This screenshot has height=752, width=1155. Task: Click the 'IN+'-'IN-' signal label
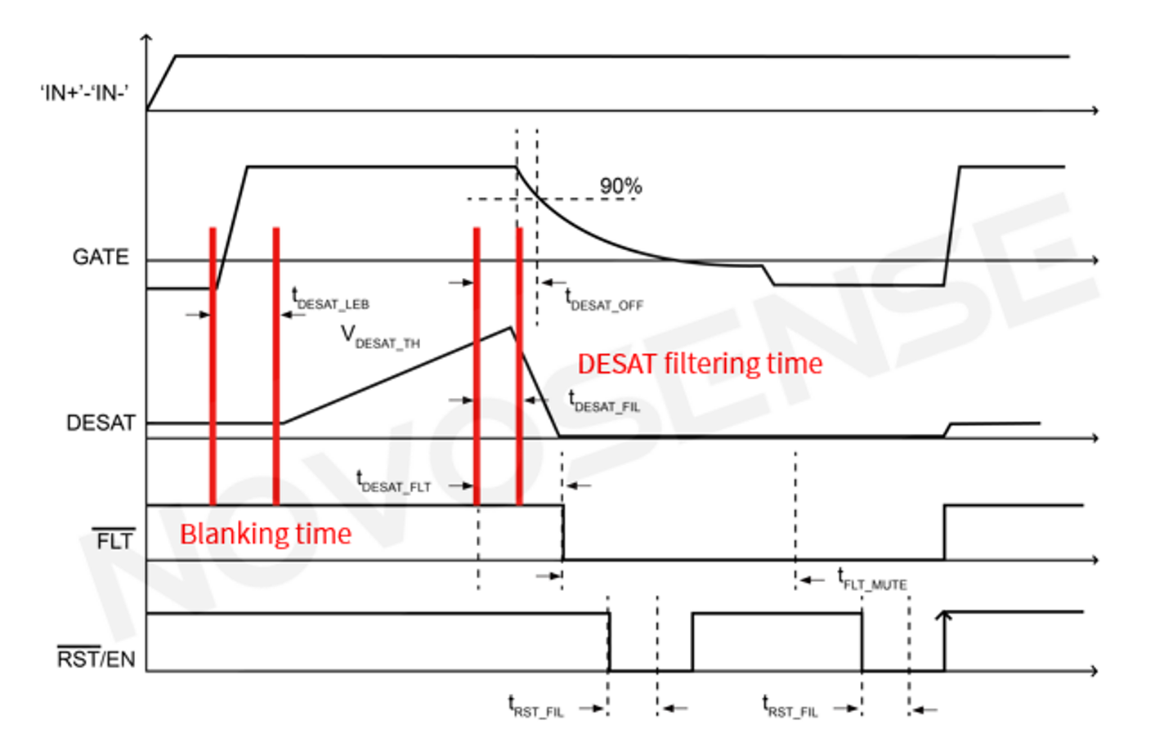pos(84,92)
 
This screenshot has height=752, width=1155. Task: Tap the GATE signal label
pos(101,257)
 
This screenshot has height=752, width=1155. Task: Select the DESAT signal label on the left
pos(101,423)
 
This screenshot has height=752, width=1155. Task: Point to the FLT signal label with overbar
pos(114,540)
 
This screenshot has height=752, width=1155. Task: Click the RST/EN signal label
pos(96,658)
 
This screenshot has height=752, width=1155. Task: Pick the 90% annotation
pos(620,186)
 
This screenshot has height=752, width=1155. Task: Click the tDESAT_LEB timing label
pos(330,300)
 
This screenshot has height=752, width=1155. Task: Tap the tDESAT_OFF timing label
pos(604,301)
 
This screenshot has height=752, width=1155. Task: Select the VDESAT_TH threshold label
pos(380,338)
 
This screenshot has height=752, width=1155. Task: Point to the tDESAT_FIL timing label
pos(604,402)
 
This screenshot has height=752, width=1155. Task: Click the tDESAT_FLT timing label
pos(393,482)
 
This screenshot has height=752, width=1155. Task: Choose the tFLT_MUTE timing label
pos(872,580)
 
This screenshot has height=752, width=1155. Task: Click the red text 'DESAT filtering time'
pos(700,364)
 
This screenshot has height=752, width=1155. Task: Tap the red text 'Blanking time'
pos(266,534)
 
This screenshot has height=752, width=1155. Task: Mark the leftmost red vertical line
pos(213,365)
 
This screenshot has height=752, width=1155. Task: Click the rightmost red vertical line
pos(519,365)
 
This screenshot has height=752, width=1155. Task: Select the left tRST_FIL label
pos(536,707)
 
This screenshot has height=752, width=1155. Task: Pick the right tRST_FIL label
pos(790,707)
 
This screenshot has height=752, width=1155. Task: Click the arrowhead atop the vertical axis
pos(146,37)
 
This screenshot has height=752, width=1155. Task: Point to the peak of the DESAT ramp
pos(511,328)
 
